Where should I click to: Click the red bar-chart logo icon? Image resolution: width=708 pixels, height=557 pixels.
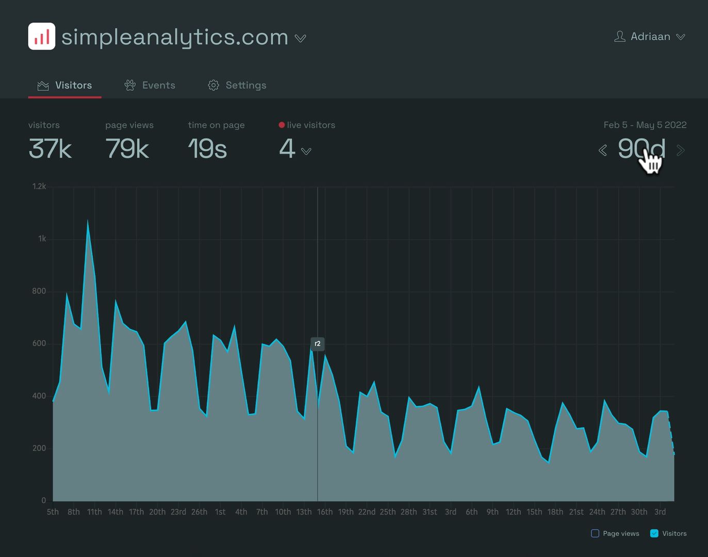[42, 37]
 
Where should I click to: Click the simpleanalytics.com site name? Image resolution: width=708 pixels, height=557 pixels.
[174, 37]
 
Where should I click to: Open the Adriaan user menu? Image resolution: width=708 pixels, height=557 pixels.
[649, 37]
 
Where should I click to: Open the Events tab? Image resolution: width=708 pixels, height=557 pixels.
[150, 85]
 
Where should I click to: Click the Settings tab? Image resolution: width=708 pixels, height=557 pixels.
[237, 85]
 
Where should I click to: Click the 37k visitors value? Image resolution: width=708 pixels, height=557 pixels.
[50, 149]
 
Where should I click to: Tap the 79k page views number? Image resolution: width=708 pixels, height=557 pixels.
[127, 149]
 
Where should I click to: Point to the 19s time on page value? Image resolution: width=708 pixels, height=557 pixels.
[207, 149]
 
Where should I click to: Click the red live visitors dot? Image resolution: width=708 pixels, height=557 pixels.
[282, 125]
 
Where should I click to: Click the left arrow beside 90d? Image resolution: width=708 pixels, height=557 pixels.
[602, 150]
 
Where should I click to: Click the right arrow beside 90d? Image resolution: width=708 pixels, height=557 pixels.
[681, 150]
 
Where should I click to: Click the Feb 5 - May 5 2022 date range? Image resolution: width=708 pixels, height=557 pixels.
[645, 125]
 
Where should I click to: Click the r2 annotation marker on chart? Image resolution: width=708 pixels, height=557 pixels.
[318, 344]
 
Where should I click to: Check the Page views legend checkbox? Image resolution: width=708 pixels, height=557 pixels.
[595, 533]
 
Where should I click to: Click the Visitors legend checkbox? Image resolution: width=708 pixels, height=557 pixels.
[654, 533]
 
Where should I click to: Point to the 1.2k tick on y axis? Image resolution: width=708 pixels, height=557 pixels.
[39, 186]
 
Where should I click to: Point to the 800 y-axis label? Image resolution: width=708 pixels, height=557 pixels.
[39, 291]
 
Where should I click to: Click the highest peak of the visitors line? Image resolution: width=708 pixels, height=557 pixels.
[88, 222]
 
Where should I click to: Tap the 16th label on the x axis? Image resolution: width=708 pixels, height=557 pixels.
[325, 512]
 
